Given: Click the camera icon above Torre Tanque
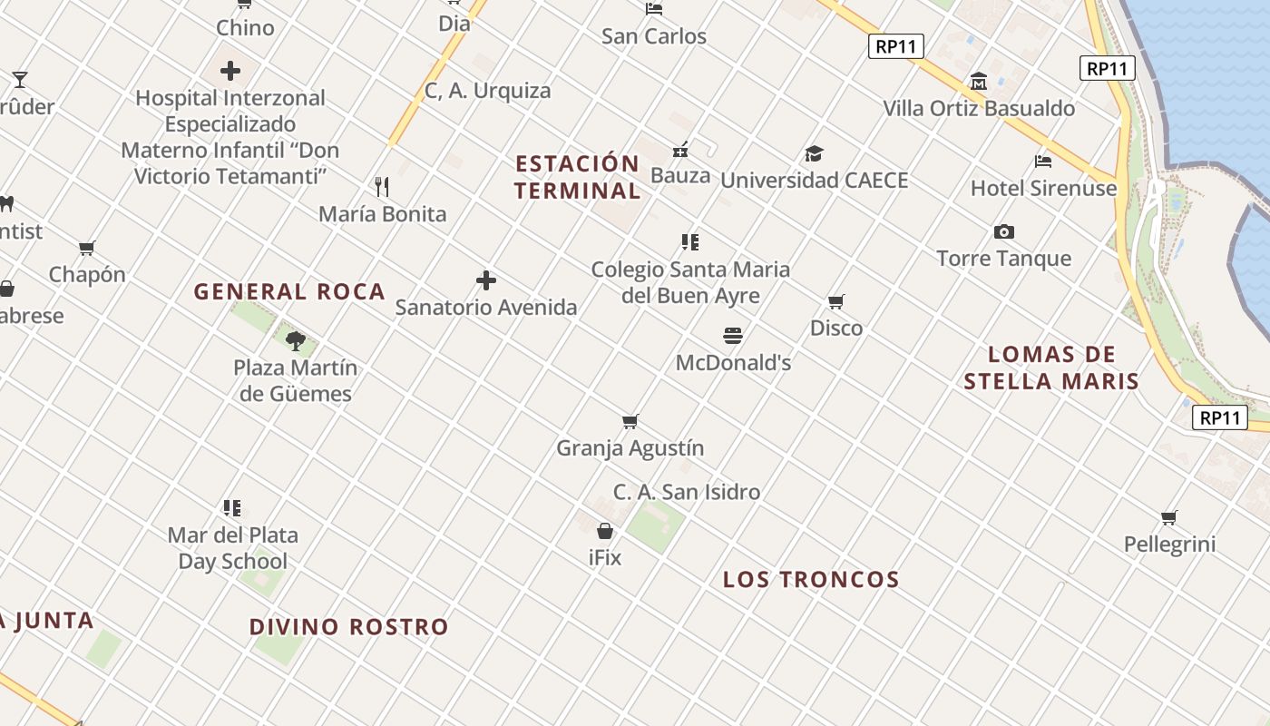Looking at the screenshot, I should point(1003,231).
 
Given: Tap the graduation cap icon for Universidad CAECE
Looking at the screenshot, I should point(814,153).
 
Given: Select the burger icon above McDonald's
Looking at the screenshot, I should point(733,336).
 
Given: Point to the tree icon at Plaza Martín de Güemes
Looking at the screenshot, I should point(295,341).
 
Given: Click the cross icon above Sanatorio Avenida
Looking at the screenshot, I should point(486,280).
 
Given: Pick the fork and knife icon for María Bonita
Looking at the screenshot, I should point(382,187).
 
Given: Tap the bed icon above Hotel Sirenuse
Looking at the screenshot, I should point(1043,162).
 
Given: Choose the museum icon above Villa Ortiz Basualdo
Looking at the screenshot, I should point(978,82).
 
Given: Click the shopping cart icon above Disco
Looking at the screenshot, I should point(836,301).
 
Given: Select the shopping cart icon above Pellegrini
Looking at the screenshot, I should point(1169,518).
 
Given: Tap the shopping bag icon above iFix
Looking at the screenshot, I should point(605,531).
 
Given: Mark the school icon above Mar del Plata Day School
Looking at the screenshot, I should point(232,508).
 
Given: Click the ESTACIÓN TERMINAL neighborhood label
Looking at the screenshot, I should point(578,177).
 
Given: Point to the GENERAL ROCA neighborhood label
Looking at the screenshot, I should point(289,292).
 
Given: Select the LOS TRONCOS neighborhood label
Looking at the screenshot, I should point(810,580).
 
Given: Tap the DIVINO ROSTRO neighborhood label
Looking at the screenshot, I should point(348,627).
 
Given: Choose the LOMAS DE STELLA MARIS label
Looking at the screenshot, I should point(1050,368).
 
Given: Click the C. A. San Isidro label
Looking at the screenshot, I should point(687,493).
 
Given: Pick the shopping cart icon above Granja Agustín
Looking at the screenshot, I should point(630,421).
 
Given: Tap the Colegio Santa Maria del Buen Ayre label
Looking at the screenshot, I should point(690,282).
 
